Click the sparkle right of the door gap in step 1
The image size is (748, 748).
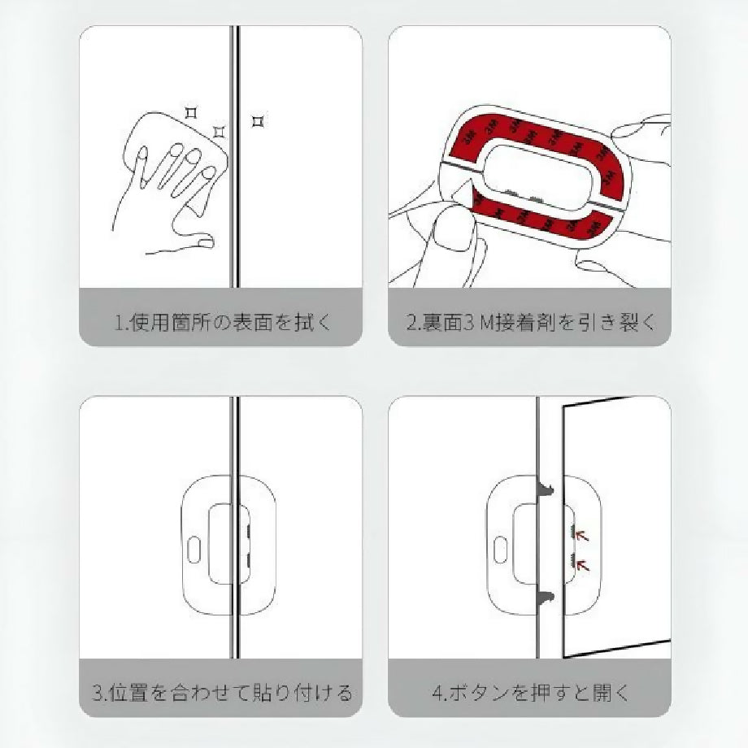[x=258, y=122]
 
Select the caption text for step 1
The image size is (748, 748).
[x=223, y=323]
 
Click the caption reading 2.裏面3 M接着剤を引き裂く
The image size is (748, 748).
[x=531, y=323]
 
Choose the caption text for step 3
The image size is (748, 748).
[x=222, y=692]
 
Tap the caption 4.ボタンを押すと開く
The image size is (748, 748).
[x=530, y=692]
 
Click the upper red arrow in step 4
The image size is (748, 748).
[x=582, y=536]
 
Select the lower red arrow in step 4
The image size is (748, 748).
[x=582, y=565]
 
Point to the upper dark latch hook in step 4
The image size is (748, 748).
[x=546, y=489]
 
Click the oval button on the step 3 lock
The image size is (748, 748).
[x=194, y=550]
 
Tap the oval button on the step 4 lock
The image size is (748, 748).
[x=500, y=550]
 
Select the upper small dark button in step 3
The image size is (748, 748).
[x=249, y=530]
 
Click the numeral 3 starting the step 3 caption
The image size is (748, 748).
[x=98, y=693]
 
